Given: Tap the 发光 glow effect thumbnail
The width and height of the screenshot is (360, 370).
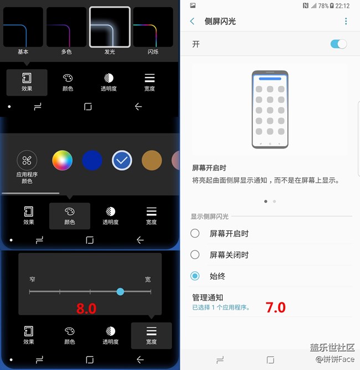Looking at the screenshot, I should coord(110,27).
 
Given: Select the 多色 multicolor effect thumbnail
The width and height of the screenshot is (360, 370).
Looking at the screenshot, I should coord(66,27).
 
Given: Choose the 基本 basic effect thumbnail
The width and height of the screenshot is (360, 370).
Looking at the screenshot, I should coord(23,27).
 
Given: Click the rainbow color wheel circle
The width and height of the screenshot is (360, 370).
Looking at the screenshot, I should coord(63,161).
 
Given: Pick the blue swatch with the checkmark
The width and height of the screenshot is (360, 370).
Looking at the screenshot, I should coord(122,161).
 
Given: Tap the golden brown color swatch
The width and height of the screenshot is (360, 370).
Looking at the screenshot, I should coord(152,161).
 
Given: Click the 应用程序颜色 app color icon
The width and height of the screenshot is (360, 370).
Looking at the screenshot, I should coord(27,161).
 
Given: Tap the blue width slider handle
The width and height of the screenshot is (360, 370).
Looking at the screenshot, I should coord(120,291).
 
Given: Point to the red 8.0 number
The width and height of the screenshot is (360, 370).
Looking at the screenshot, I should coord(86,309).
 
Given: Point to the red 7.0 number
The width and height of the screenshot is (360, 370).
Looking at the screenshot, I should coord(275,307).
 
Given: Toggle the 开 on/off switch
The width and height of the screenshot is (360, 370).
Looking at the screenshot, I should coord(338,44).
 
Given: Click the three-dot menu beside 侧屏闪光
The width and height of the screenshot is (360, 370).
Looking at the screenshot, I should coord(346,21).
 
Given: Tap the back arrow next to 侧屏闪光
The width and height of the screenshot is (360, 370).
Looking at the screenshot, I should coord(192,21).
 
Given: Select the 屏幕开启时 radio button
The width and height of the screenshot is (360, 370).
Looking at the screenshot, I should coord(195,234).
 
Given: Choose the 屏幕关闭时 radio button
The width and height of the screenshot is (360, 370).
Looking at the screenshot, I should coord(195,255).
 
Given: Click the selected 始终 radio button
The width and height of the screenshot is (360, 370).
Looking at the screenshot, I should coord(195,276).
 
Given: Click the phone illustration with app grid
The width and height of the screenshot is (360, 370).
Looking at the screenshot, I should coord(270,109).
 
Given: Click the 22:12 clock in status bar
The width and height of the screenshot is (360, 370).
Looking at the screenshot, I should coord(342,6).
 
